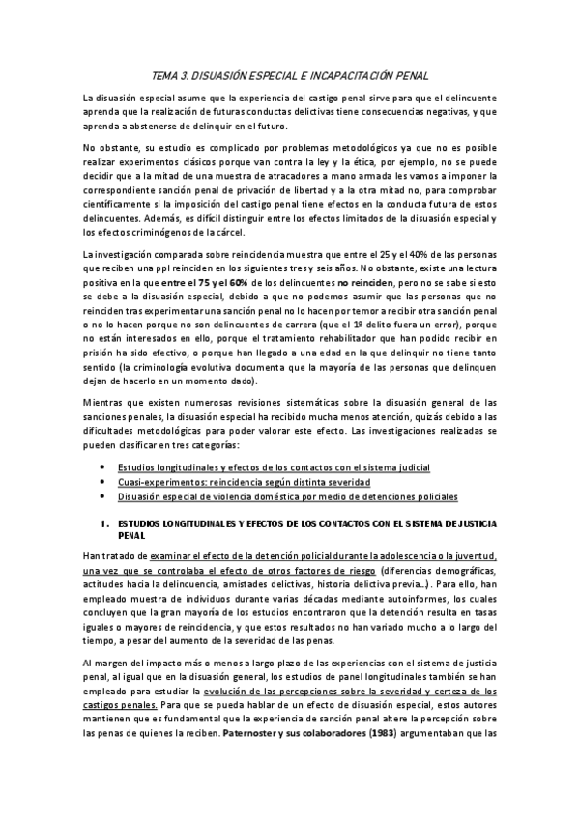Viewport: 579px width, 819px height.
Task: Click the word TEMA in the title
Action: pyautogui.click(x=168, y=74)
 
